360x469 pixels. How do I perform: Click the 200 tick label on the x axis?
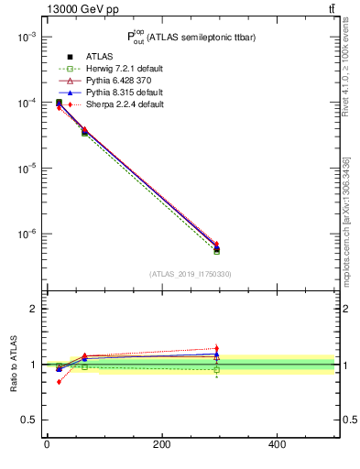[x=161, y=445]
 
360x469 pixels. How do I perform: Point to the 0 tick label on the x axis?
[x=47, y=445]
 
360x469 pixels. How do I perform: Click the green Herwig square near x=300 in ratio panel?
[x=216, y=369]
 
